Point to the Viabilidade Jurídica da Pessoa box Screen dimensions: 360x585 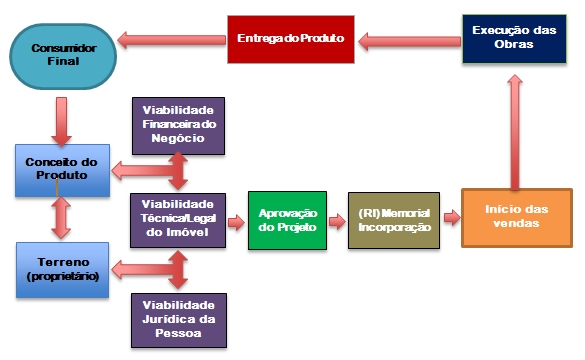click(x=179, y=319)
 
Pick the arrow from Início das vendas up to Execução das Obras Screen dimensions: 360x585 click(x=516, y=129)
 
